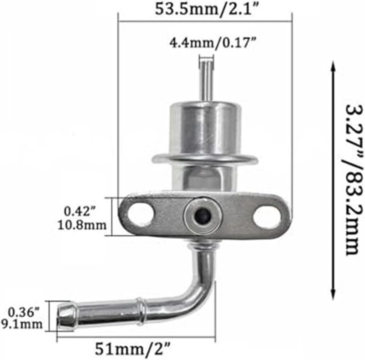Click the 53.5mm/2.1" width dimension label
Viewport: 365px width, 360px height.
tap(204, 9)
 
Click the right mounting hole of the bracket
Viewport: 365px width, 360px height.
tap(267, 216)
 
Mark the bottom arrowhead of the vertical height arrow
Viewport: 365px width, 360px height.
tap(334, 294)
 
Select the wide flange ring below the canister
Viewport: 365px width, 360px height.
tap(205, 159)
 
